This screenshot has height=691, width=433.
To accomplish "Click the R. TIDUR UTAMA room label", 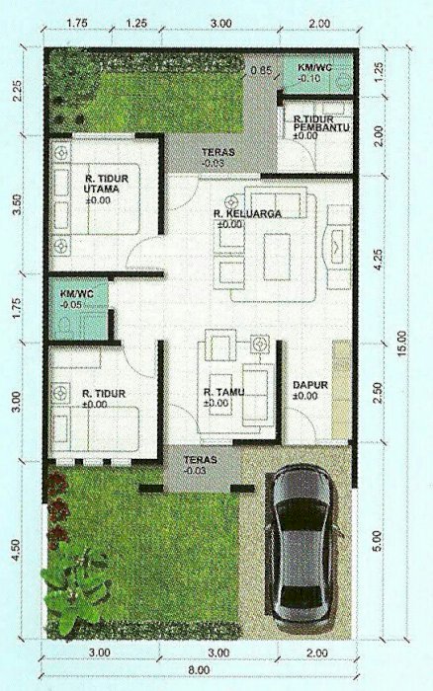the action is pyautogui.click(x=106, y=184).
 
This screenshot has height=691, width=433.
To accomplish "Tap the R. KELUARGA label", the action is pyautogui.click(x=247, y=214).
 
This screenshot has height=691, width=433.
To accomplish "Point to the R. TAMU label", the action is pyautogui.click(x=224, y=392).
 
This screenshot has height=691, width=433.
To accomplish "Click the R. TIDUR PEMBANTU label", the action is pyautogui.click(x=321, y=123).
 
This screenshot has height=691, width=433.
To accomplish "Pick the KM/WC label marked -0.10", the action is pyautogui.click(x=315, y=68).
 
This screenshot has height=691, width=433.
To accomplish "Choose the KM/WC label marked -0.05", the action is pyautogui.click(x=77, y=293).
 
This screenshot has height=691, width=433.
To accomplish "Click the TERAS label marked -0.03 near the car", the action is pyautogui.click(x=201, y=460).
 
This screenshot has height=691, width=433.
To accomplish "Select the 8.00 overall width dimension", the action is pyautogui.click(x=200, y=670).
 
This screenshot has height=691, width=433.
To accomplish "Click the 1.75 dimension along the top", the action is pyautogui.click(x=77, y=23).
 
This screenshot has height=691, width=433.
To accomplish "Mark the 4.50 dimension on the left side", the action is pyautogui.click(x=17, y=550).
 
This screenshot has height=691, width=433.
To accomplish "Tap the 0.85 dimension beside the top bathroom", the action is pyautogui.click(x=261, y=70).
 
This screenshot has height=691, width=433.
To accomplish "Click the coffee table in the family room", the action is pyautogui.click(x=277, y=257).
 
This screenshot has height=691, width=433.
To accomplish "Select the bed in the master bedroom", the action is pyautogui.click(x=96, y=198).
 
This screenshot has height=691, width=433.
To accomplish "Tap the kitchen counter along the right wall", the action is pyautogui.click(x=342, y=390).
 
